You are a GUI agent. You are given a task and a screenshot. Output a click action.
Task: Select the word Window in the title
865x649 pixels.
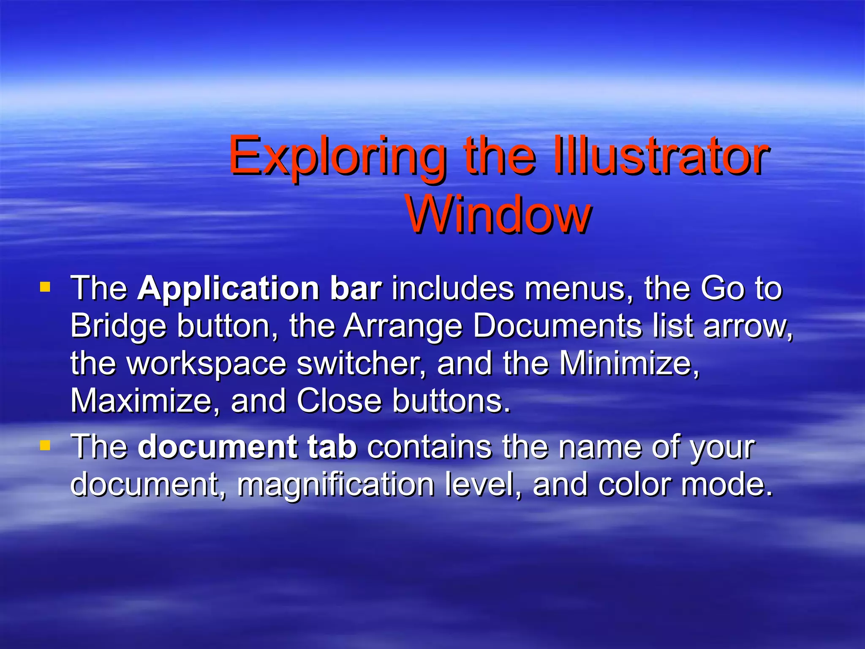click(498, 215)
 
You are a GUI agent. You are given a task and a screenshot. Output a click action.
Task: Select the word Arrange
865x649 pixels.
click(403, 327)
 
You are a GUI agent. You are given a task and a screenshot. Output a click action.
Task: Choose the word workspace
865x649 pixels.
click(207, 364)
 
